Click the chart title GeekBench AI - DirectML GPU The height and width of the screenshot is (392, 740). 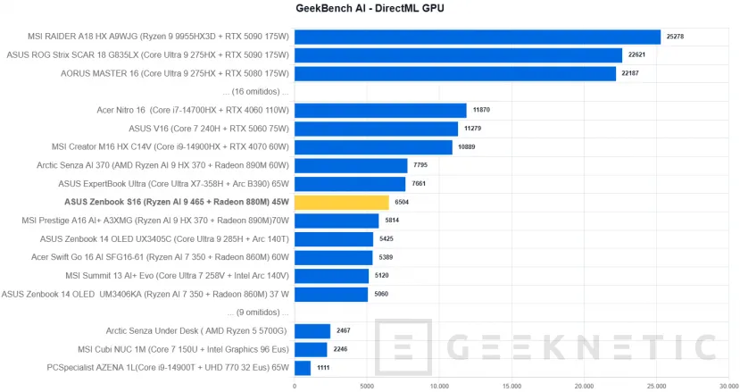coord(370,9)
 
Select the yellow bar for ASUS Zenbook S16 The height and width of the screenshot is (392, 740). coord(342,202)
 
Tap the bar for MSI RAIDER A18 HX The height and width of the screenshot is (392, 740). coord(478,37)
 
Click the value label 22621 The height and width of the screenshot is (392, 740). coord(636,55)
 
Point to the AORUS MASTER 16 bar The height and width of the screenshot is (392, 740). coord(455,73)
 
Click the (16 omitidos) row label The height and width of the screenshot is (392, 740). coord(260,91)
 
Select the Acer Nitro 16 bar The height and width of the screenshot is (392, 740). coord(380,111)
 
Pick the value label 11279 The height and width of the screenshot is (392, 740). coord(472,129)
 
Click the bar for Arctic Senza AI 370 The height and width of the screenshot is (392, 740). coord(351,165)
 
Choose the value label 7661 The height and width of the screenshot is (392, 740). coord(420,184)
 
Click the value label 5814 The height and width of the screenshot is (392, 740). coord(393,221)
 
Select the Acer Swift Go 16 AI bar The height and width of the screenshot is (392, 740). coord(333,257)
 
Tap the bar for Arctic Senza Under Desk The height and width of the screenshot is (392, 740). coord(312,331)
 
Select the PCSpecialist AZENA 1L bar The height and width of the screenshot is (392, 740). coord(303,368)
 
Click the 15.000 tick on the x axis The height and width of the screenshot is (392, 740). coord(511,386)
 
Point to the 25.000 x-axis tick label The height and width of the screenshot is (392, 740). coord(656,386)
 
